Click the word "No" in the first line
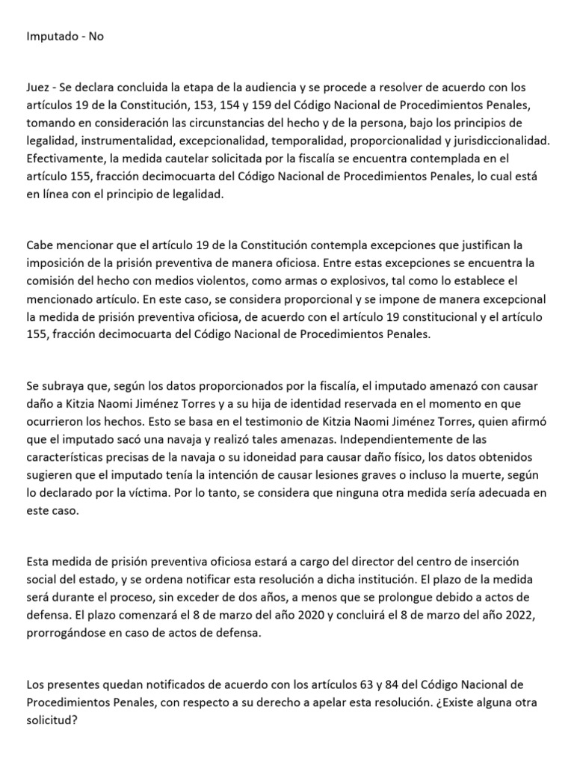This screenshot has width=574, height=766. pos(96,36)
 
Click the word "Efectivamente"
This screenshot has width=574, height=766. pos(63,158)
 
